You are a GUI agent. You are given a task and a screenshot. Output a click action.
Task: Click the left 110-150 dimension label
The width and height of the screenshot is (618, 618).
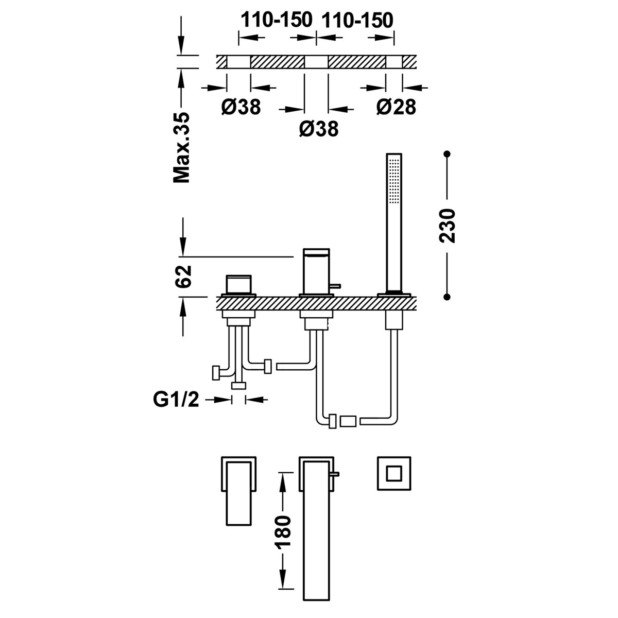pos(277,20)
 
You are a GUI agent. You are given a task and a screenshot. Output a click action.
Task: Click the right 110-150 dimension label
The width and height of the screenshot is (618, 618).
pos(357,20)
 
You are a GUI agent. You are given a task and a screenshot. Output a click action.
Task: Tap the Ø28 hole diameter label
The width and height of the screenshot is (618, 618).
pos(396,107)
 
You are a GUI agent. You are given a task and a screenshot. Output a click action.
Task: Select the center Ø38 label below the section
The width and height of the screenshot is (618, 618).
pos(318,128)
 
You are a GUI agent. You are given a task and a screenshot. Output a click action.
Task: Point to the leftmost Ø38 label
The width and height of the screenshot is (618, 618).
pos(241,107)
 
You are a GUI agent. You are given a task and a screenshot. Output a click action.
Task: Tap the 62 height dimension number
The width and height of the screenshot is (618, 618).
pos(183,277)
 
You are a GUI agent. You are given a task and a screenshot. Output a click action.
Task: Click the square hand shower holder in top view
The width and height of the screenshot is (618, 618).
pos(394,473)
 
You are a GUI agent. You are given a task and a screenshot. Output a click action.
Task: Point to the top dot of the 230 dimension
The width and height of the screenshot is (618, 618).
pos(448,154)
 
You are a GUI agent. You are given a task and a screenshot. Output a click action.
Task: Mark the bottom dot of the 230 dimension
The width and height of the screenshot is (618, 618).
pos(448,297)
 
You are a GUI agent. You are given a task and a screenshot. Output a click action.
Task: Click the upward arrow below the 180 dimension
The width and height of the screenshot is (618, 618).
pos(283,577)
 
